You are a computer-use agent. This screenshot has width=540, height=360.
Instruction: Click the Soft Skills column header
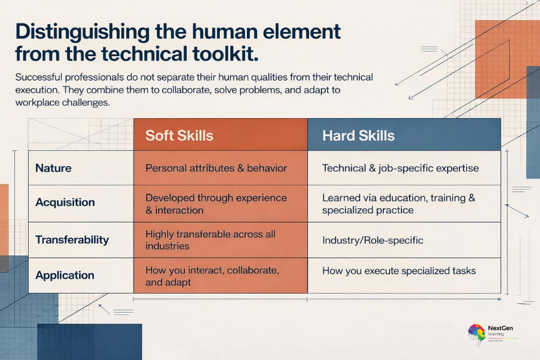(179, 136)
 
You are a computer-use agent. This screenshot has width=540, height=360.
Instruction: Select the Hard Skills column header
(358, 136)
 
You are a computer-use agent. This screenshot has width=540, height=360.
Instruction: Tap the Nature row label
(53, 168)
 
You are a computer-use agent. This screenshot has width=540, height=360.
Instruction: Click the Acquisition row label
(65, 202)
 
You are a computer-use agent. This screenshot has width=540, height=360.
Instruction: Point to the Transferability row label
(72, 240)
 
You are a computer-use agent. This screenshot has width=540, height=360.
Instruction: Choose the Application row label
(65, 275)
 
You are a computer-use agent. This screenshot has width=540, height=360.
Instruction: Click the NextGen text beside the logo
(500, 328)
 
